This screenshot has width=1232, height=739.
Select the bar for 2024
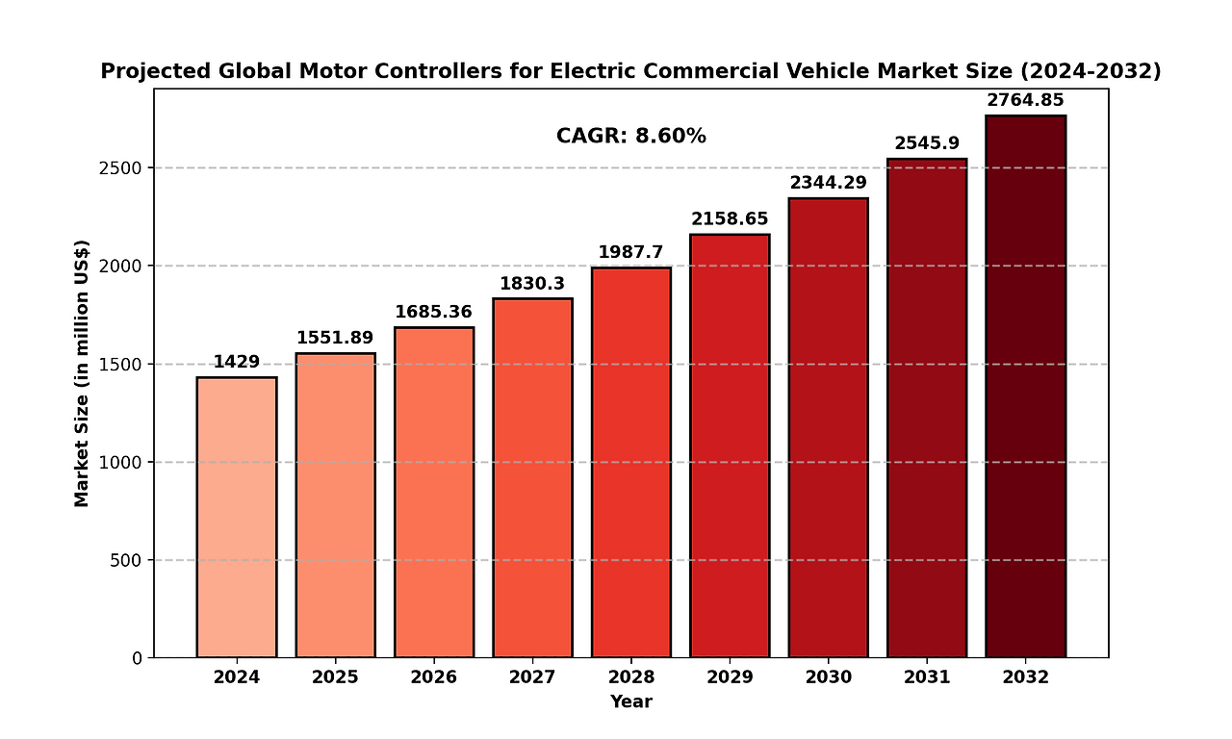tap(237, 518)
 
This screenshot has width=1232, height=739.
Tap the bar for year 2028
tap(631, 463)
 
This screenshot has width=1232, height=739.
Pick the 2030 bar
tap(829, 428)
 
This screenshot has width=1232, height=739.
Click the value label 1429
tap(237, 362)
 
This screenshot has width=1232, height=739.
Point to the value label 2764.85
tap(1025, 100)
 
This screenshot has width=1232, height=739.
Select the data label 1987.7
tap(630, 252)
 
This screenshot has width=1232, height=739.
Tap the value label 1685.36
tap(433, 312)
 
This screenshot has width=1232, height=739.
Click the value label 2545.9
tap(927, 143)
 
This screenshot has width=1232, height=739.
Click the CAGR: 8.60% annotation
tap(631, 137)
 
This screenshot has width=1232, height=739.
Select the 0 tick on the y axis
tap(137, 659)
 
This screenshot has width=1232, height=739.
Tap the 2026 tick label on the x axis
tap(433, 677)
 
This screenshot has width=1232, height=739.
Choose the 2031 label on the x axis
tap(927, 677)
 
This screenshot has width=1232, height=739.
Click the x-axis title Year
tap(631, 702)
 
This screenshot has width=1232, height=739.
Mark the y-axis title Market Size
tap(82, 373)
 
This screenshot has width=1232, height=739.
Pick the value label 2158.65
tap(730, 219)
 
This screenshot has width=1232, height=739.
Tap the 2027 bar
tap(532, 478)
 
